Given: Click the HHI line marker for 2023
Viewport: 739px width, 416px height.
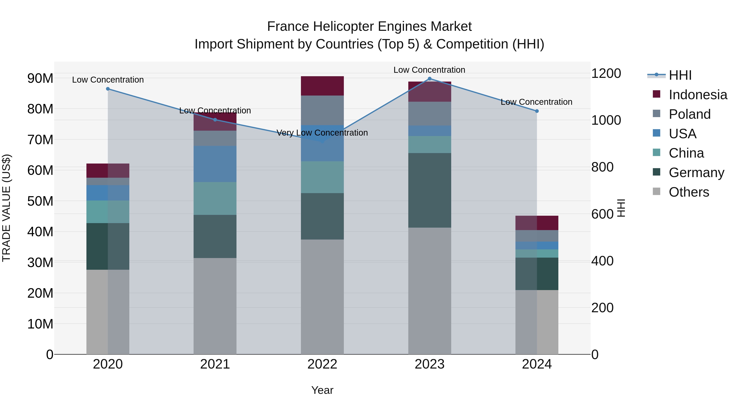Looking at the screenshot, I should tap(429, 79).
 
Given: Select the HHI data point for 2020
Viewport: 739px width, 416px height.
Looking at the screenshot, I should tap(108, 89).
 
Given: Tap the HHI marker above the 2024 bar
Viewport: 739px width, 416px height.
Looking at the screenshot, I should tap(537, 111).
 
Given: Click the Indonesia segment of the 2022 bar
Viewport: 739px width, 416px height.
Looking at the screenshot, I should tap(322, 86).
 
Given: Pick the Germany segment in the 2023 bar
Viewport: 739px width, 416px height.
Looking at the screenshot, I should tap(429, 190).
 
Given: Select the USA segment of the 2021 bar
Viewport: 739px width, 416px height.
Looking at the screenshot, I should tap(215, 164).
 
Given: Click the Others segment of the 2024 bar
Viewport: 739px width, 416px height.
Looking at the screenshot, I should tap(537, 322).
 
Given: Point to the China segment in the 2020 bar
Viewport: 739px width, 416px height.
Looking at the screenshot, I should tap(108, 212).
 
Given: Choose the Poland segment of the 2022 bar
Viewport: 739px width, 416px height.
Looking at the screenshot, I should tap(322, 110).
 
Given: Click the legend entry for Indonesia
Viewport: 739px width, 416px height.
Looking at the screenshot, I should tap(698, 95).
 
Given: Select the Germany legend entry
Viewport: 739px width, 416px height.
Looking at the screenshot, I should tap(696, 173).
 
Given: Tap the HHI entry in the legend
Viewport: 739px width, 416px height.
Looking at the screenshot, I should tap(680, 75).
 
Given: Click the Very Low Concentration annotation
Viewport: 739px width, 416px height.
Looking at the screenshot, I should tap(322, 133).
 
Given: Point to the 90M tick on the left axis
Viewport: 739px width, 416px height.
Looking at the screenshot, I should tap(40, 78).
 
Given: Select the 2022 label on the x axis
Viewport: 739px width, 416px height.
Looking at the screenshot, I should tap(322, 364).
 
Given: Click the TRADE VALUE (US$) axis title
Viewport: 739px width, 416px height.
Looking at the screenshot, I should tap(6, 208).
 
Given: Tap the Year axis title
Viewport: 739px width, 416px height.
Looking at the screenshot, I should tap(322, 390).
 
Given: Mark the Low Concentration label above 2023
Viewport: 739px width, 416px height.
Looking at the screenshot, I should tap(429, 70).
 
